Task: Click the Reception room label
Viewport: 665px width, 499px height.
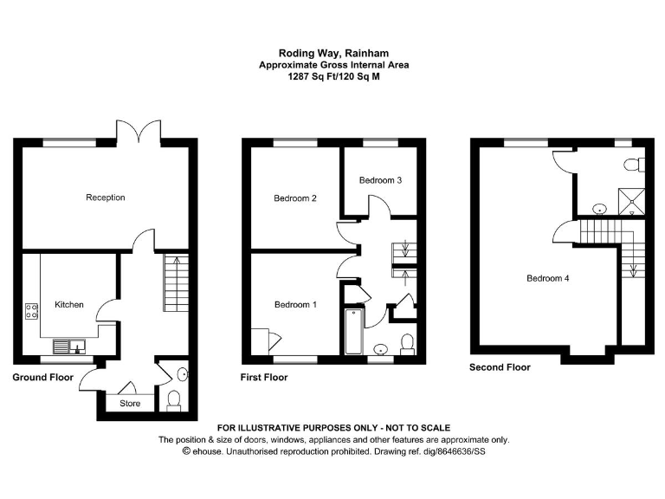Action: pyautogui.click(x=105, y=198)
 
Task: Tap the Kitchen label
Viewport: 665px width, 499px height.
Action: pyautogui.click(x=69, y=305)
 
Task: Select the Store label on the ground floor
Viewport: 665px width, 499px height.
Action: pyautogui.click(x=129, y=403)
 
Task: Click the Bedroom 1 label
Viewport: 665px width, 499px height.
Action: pyautogui.click(x=295, y=305)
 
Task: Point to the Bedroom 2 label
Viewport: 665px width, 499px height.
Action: pyautogui.click(x=295, y=198)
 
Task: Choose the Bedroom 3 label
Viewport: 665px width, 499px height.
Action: pyautogui.click(x=380, y=180)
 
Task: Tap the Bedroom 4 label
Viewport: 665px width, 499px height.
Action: pyautogui.click(x=548, y=278)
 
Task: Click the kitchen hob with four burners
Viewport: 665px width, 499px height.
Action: pyautogui.click(x=32, y=310)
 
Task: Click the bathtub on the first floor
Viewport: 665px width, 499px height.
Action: pyautogui.click(x=353, y=333)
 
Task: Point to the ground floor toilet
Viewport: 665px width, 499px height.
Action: pyautogui.click(x=173, y=399)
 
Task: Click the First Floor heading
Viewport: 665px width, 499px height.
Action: pyautogui.click(x=264, y=378)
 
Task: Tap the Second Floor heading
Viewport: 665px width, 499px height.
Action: pyautogui.click(x=500, y=367)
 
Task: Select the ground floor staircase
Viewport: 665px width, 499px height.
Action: pyautogui.click(x=173, y=282)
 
